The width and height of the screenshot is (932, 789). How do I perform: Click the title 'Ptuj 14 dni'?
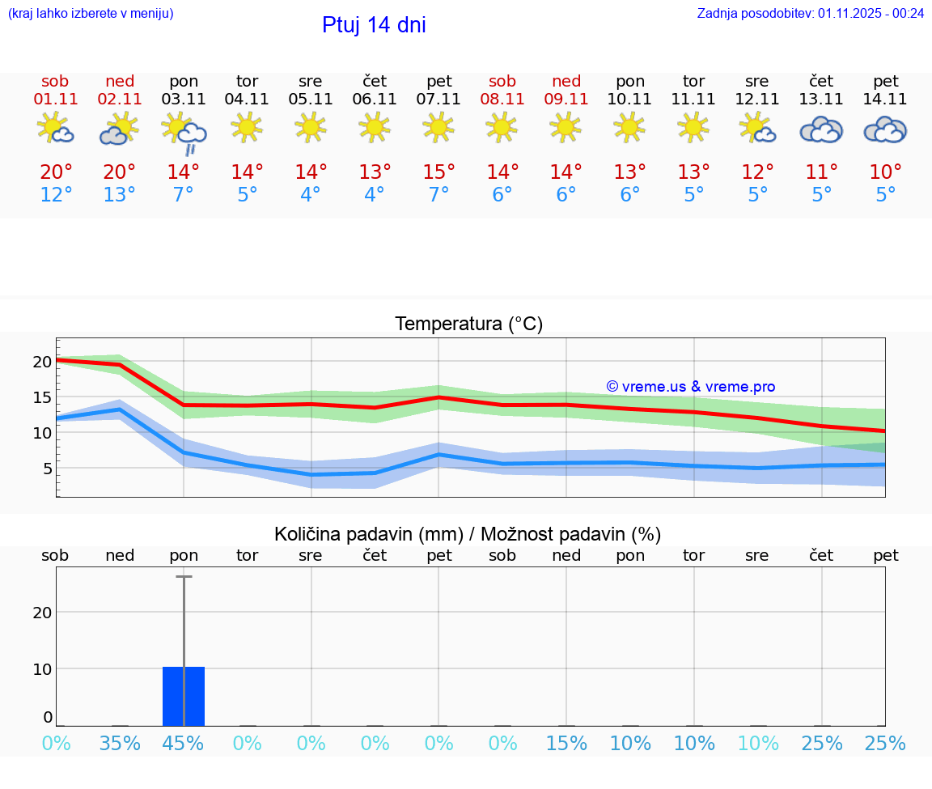[374, 25]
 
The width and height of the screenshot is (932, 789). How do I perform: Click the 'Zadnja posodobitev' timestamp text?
[810, 13]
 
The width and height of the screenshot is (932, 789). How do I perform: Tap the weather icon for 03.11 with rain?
[184, 131]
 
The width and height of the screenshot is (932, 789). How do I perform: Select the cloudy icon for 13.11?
[821, 129]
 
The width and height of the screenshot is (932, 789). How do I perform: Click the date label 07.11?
[438, 100]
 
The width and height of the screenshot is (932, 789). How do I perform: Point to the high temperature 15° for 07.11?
[438, 172]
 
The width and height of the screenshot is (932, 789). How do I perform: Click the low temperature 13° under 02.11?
[120, 195]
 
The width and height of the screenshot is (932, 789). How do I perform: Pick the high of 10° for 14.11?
[885, 172]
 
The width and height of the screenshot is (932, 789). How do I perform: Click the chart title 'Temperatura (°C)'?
[468, 325]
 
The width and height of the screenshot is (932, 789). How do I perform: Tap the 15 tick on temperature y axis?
[42, 397]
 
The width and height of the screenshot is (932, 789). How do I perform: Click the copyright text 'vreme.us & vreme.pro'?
[691, 387]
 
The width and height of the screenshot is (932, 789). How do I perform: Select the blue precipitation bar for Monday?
[184, 696]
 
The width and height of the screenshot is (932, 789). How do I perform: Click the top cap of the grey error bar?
[184, 576]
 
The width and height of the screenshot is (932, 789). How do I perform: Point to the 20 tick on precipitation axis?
[42, 613]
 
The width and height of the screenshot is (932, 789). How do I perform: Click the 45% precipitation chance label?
[184, 743]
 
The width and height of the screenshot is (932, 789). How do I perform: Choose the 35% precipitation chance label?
[120, 743]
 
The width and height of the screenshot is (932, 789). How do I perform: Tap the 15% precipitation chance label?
[566, 743]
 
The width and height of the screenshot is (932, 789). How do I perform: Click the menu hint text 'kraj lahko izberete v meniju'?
[90, 13]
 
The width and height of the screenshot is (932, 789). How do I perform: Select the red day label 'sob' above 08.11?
[502, 81]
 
